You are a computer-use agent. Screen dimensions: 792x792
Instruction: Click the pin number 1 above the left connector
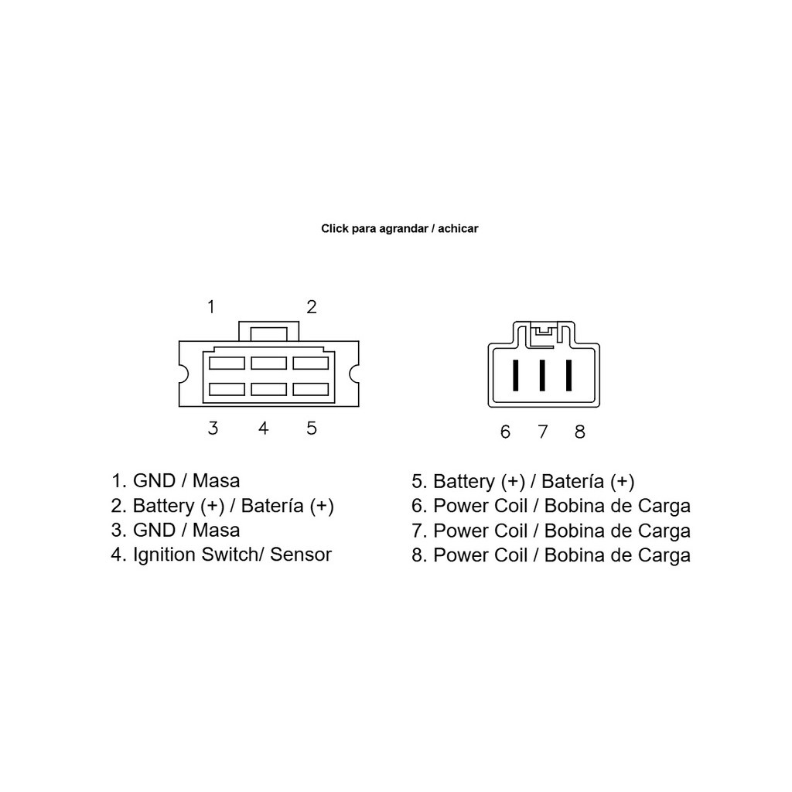(x=211, y=306)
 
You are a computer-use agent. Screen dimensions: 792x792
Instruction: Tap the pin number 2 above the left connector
(x=312, y=306)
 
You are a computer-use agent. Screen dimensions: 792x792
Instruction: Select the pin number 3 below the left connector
(x=213, y=428)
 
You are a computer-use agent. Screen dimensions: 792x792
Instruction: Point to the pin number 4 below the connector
(x=263, y=428)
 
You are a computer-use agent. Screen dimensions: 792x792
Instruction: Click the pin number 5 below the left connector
(x=312, y=428)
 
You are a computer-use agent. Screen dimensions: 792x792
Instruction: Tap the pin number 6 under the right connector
(x=505, y=432)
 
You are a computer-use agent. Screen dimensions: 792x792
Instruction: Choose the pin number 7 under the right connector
(x=542, y=432)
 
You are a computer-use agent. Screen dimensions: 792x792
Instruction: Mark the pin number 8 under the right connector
(x=580, y=432)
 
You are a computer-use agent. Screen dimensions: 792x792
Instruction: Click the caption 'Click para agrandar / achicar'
(x=400, y=229)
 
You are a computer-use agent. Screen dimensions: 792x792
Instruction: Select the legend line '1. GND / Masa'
(x=176, y=481)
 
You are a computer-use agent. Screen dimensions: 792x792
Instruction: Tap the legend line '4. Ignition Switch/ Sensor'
(x=221, y=555)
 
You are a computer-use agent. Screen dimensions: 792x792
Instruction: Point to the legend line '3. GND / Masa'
(x=176, y=531)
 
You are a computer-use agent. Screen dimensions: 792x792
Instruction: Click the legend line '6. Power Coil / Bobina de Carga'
(x=551, y=506)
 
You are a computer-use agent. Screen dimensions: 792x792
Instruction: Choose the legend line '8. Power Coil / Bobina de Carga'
(x=551, y=555)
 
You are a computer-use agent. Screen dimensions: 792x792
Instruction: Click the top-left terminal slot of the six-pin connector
(x=227, y=364)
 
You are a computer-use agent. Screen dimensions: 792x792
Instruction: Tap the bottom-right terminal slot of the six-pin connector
(x=311, y=389)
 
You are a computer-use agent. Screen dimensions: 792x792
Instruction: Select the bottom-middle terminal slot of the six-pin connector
(x=268, y=389)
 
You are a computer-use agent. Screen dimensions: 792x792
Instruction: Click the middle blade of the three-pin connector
(x=542, y=375)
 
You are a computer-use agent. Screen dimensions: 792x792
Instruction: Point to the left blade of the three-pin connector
(x=515, y=375)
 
